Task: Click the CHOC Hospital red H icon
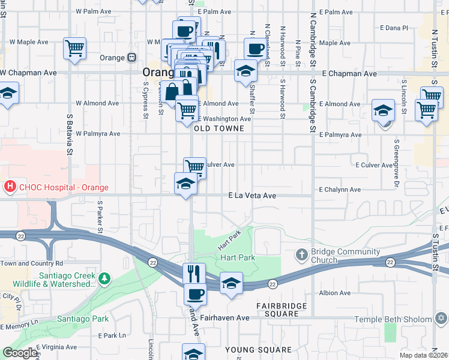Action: pos(9,186)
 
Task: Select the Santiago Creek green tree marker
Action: pos(105,278)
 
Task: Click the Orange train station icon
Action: pos(130,58)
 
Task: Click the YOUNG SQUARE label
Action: pos(258,349)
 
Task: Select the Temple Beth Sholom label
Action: pos(401,319)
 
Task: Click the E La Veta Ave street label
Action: pos(252,196)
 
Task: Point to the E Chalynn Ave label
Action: pos(340,190)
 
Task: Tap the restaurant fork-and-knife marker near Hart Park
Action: pos(194,274)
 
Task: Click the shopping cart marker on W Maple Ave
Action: pos(74,48)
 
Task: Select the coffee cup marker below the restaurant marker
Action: pos(195,294)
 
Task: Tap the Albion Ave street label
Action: pos(335,293)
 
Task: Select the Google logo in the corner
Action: pos(20,353)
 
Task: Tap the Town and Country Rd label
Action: pos(33,263)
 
